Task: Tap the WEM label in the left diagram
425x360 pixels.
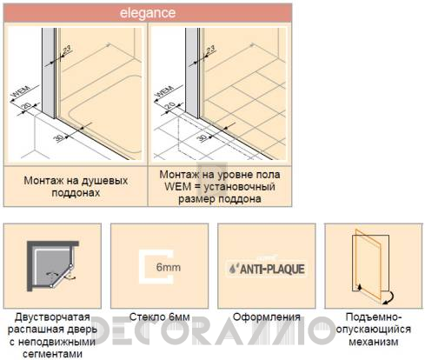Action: [x=18, y=91]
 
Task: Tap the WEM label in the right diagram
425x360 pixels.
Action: [x=163, y=91]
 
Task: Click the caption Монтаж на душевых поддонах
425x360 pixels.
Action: [x=76, y=186]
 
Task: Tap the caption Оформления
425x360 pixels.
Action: [x=264, y=317]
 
